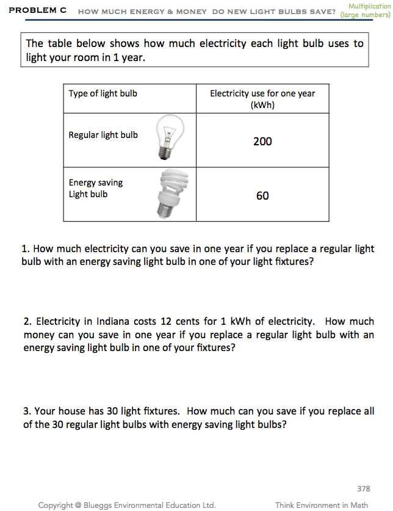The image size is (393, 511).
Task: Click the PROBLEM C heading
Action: [37, 11]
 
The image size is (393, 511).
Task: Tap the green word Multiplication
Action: [369, 6]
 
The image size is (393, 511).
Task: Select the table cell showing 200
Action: [262, 142]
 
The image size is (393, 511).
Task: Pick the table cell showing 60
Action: [262, 196]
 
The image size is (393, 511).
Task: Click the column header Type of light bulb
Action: [103, 93]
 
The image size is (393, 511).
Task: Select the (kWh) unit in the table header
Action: [262, 105]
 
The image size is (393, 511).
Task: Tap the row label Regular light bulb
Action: [103, 135]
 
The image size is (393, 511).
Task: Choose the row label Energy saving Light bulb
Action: [96, 188]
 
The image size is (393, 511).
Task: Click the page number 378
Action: [364, 488]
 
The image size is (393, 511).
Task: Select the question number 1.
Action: [25, 249]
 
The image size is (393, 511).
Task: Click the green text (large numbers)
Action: [365, 15]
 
